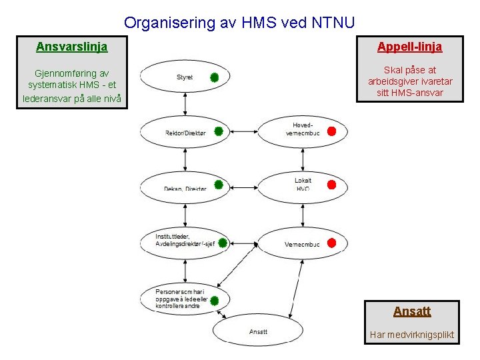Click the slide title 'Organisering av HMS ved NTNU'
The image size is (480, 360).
click(x=239, y=23)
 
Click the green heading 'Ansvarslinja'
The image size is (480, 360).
click(x=71, y=47)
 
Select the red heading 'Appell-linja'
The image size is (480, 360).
click(x=409, y=47)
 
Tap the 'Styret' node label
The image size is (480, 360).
click(x=185, y=77)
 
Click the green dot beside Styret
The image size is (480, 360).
click(x=215, y=77)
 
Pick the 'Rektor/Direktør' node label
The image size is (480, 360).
click(x=185, y=133)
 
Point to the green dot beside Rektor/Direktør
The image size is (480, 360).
click(x=218, y=129)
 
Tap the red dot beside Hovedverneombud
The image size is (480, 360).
click(x=332, y=131)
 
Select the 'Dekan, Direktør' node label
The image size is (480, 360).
click(x=185, y=188)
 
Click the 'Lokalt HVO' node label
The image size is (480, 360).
click(x=303, y=185)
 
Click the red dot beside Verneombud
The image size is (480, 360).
click(x=332, y=243)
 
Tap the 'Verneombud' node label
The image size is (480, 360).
click(x=302, y=245)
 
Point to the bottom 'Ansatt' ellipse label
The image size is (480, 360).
click(x=258, y=331)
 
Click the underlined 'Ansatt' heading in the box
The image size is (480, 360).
click(x=412, y=311)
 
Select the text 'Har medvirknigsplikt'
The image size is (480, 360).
click(x=412, y=335)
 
